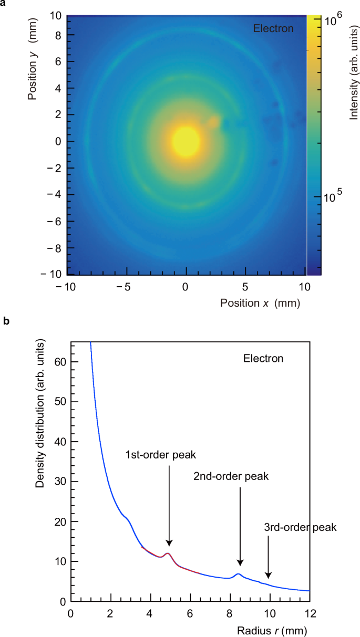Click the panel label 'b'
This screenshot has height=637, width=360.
(x=5, y=321)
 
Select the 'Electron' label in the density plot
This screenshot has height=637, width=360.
(x=263, y=359)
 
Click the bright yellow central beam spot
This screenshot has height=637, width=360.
(x=186, y=141)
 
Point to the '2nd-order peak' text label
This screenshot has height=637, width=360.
(x=231, y=477)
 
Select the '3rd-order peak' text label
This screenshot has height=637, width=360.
(x=300, y=527)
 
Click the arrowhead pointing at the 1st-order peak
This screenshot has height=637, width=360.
(x=169, y=542)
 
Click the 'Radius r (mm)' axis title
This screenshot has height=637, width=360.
(x=270, y=629)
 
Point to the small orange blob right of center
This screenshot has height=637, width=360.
(x=213, y=122)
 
